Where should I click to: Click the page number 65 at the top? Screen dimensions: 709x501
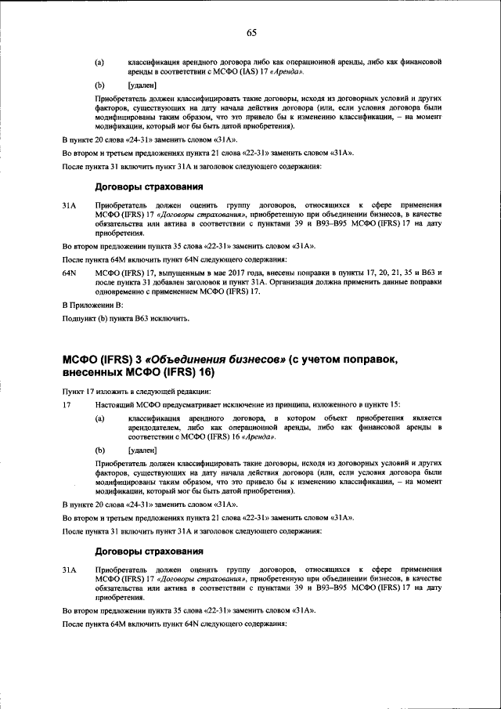(x=251, y=32)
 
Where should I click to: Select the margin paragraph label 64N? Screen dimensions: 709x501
(x=69, y=273)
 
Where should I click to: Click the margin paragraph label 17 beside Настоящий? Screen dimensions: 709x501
(x=67, y=403)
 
